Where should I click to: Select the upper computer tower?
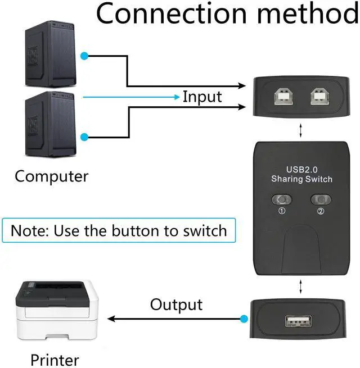[48, 53]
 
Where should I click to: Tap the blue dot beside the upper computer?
[84, 56]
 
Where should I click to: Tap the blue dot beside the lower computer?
[84, 137]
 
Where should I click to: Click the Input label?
[202, 97]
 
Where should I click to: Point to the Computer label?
[52, 176]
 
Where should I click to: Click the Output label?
[176, 305]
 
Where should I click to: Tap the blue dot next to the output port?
[243, 319]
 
